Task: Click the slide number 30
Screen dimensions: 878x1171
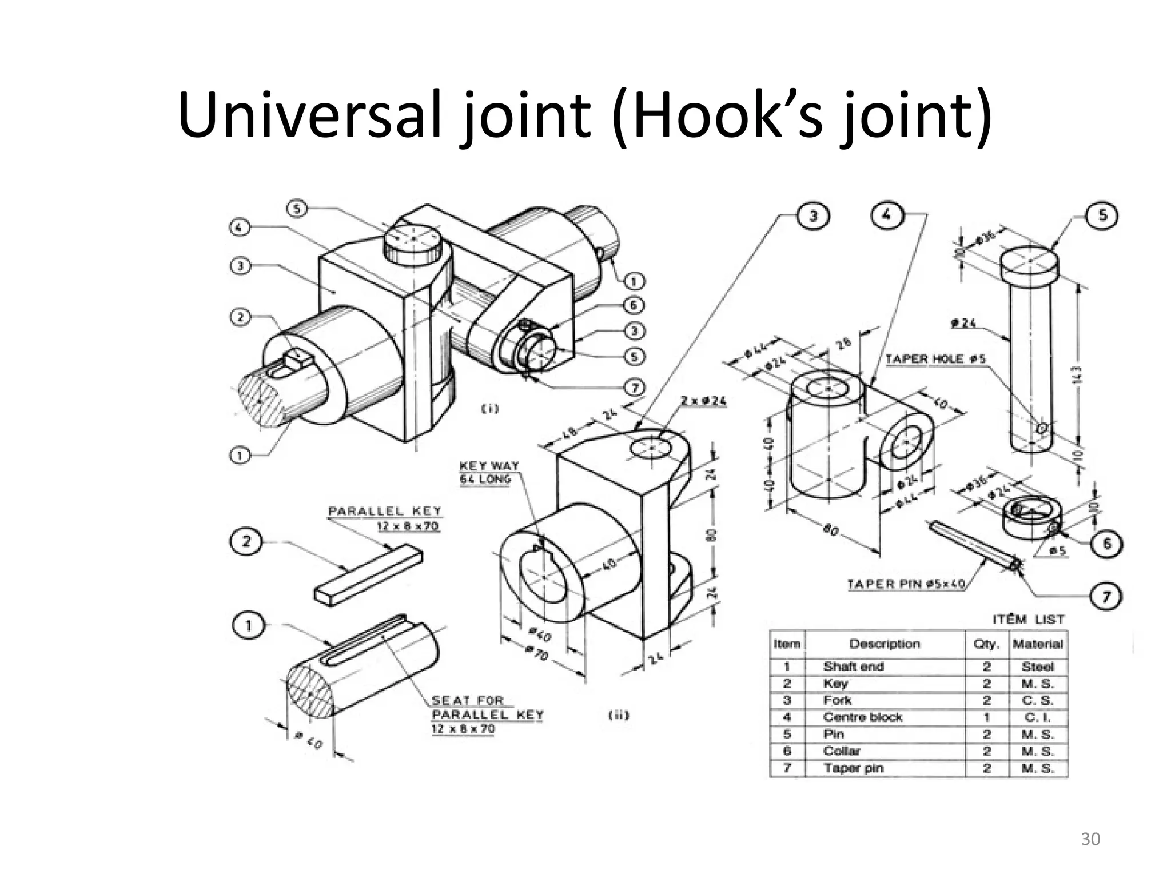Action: point(1090,839)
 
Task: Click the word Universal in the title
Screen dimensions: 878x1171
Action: point(309,115)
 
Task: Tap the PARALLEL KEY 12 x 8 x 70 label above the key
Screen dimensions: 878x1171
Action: point(385,518)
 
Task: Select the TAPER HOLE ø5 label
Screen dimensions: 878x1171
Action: point(935,358)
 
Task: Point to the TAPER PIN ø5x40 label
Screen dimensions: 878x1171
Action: point(906,584)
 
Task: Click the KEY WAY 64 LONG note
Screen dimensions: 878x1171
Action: point(489,472)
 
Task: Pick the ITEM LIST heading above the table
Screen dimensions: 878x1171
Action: point(1028,620)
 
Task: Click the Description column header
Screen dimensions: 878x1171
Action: point(884,644)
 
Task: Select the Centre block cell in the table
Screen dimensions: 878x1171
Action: point(862,717)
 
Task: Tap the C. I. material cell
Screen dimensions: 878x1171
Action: point(1037,717)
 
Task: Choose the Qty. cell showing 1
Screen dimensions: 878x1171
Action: point(987,717)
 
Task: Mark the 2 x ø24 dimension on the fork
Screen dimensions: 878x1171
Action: point(703,401)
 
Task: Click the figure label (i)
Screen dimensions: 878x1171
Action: point(489,408)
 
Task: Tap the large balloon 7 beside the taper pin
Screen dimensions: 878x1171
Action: point(1106,597)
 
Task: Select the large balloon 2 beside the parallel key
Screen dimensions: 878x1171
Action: point(246,541)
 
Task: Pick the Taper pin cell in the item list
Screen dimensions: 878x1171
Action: point(853,768)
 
